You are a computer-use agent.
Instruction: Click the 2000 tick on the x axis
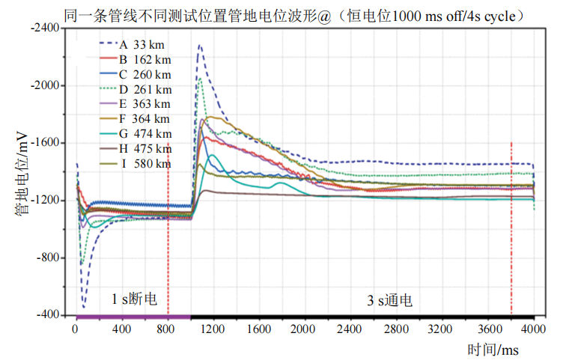305,329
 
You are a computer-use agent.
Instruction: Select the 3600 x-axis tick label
488,329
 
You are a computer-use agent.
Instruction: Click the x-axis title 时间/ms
493,349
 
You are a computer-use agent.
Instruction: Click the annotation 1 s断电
134,299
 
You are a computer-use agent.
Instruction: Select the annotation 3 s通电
389,300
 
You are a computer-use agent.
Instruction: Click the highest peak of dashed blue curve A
199,45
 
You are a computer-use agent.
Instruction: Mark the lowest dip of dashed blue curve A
83,307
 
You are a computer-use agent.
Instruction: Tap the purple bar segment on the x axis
133,317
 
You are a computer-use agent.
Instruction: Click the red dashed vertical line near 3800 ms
511,225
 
